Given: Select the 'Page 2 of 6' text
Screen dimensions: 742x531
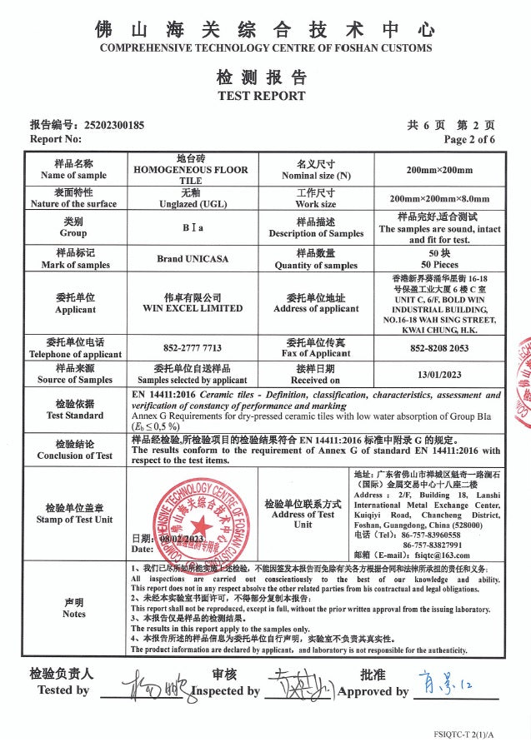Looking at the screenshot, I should [x=469, y=139].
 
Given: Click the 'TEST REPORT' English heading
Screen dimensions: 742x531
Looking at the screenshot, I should [x=261, y=96].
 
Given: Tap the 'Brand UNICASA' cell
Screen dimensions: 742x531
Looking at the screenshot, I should [x=190, y=259].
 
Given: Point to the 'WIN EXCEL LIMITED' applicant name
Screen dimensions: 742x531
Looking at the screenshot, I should [x=193, y=308].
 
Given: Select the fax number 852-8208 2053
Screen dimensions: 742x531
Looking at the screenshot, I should [x=438, y=348].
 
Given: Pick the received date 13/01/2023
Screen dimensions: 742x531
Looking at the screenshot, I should [x=438, y=374].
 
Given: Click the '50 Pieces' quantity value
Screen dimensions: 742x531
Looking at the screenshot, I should [x=438, y=264].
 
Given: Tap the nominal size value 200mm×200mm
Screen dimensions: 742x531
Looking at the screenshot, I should [x=439, y=170].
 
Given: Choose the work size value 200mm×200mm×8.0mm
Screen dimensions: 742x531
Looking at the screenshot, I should [x=439, y=199].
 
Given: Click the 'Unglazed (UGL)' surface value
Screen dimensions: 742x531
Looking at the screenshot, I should [x=190, y=203].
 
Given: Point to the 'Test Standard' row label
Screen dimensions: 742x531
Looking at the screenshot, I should [x=74, y=415].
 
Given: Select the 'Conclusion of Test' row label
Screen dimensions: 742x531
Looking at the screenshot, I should [x=74, y=456].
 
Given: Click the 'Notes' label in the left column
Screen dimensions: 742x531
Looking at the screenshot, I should [x=74, y=614].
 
